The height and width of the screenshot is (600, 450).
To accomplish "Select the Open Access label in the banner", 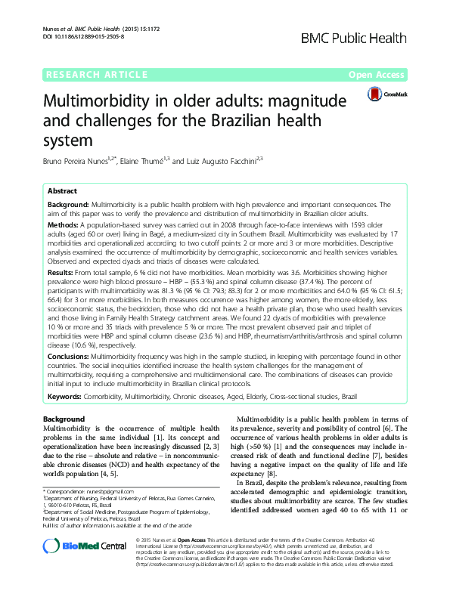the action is point(386,76).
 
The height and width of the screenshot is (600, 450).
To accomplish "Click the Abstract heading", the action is point(63,191).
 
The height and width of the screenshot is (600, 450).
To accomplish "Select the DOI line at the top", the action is point(72,36).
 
